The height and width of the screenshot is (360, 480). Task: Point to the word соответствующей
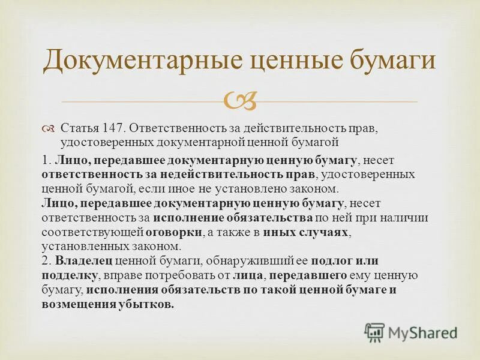92,232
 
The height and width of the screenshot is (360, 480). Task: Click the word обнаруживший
224,260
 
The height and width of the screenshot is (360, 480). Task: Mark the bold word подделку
70,275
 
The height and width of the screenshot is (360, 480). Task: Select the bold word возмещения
74,304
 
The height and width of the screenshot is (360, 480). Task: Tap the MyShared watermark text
422,332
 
